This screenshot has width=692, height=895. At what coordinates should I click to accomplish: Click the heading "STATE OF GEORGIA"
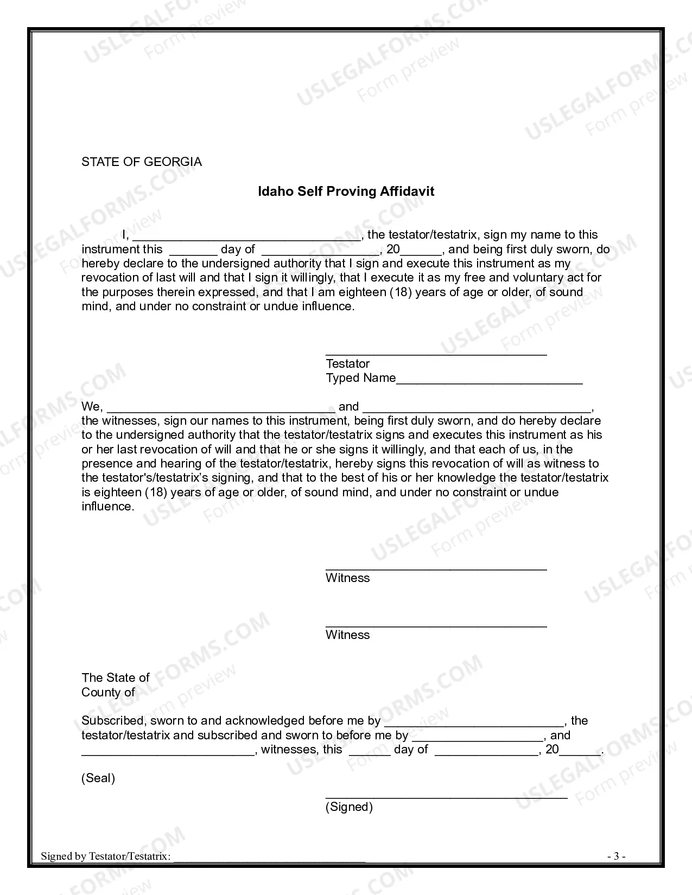point(141,162)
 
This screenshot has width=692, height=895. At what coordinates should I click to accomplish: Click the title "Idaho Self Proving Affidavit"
point(346,191)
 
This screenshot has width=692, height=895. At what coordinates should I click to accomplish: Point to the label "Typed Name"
point(360,378)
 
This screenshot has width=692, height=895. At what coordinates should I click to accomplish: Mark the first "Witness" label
point(347,578)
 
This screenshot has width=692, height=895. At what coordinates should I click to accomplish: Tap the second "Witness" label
point(347,635)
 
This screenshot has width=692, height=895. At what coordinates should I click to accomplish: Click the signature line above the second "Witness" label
point(436,626)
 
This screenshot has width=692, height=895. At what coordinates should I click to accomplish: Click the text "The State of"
point(115,678)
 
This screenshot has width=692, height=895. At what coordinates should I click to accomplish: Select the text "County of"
point(108,693)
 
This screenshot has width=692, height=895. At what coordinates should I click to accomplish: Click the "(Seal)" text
point(98,778)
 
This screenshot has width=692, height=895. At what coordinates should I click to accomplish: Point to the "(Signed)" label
point(349,807)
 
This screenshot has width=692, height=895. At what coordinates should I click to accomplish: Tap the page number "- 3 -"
point(616,856)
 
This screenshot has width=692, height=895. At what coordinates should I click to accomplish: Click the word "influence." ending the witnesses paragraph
point(107,507)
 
